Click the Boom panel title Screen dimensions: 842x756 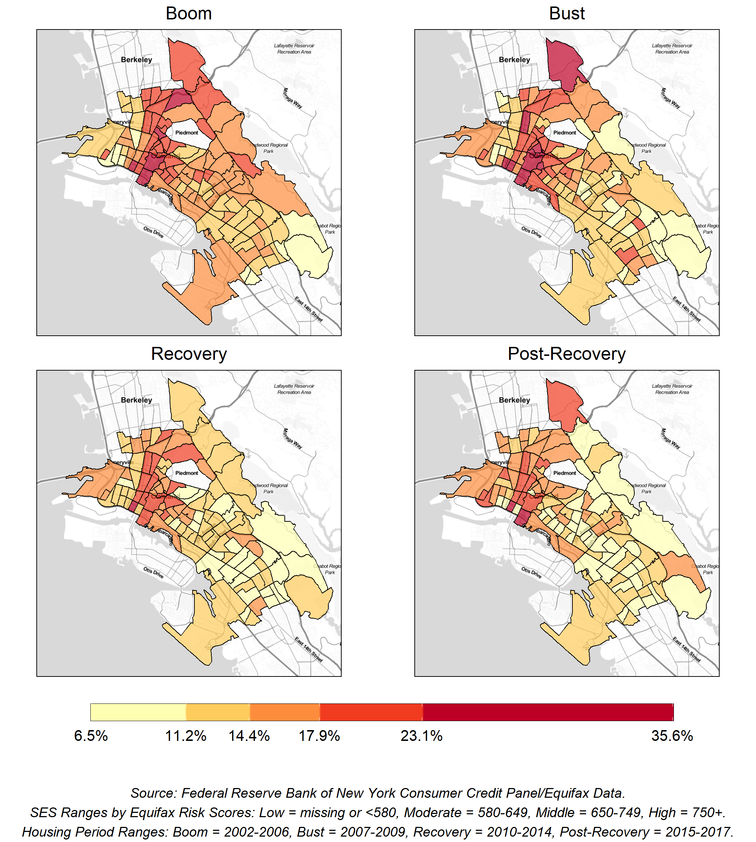189,14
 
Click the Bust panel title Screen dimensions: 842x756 567,14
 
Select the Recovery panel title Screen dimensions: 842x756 189,354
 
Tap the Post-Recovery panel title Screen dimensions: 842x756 567,354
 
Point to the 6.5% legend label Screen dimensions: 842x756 91,736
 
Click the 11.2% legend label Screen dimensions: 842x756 186,736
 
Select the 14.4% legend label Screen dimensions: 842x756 249,736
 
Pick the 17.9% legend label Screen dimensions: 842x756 319,736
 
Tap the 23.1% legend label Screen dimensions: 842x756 422,736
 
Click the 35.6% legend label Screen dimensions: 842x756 672,736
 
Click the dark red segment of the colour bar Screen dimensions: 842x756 548,712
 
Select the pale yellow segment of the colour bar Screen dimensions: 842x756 138,712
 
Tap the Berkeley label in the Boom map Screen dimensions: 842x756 137,60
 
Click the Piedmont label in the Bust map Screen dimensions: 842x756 564,133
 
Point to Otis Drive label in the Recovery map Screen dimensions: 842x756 153,572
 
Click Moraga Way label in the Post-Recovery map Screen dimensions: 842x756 670,438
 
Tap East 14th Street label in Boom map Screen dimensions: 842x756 309,309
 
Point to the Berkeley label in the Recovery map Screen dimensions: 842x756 137,400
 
